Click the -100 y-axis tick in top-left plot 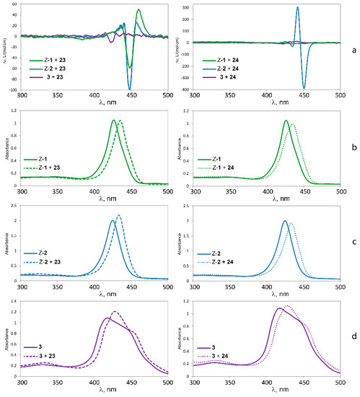tap(16, 90)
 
